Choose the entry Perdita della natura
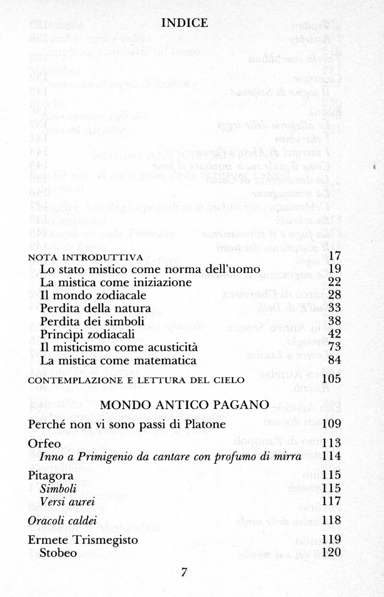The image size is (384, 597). (96, 307)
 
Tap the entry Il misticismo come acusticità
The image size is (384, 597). (119, 347)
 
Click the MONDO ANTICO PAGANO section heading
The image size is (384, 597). (184, 405)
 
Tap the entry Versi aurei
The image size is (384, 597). (67, 501)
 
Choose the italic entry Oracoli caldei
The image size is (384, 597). (63, 520)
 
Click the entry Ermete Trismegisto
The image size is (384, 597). (83, 540)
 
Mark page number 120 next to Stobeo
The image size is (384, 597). (332, 552)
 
